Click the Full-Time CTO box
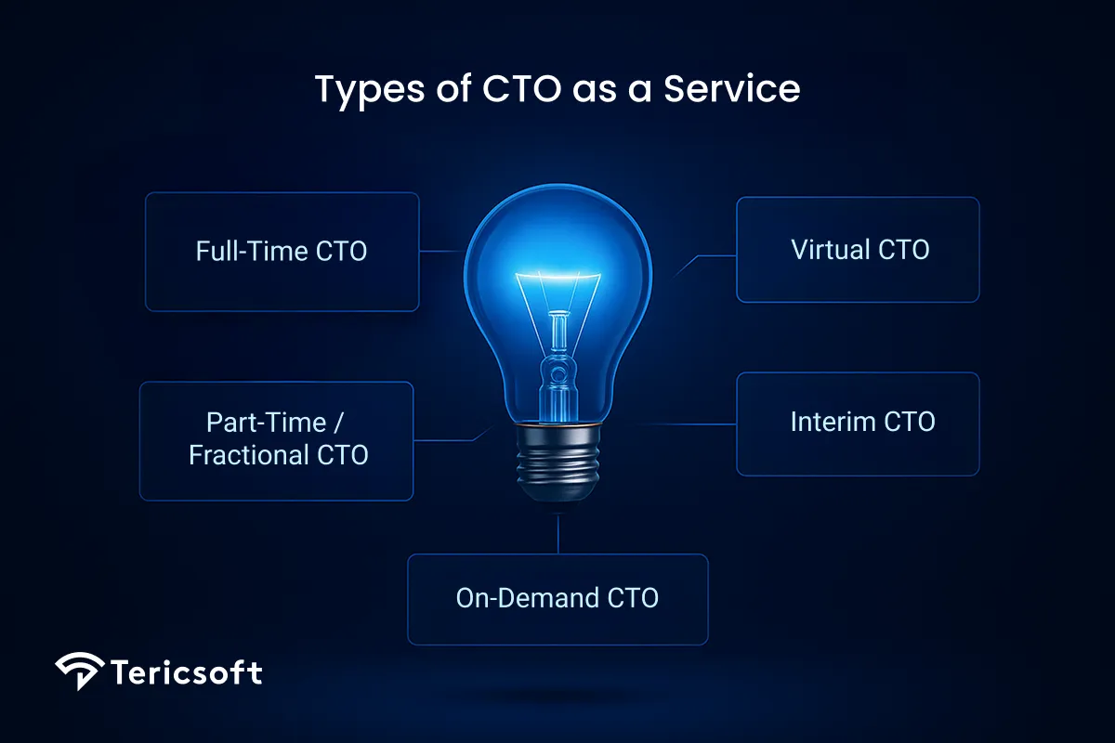coord(282,252)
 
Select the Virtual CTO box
coord(858,250)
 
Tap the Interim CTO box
coord(858,424)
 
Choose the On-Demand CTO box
coord(557,599)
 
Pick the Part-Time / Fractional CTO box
coord(276,440)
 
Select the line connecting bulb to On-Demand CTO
coord(558,534)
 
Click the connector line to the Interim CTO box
coord(678,424)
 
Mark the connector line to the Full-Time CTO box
coord(440,251)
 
